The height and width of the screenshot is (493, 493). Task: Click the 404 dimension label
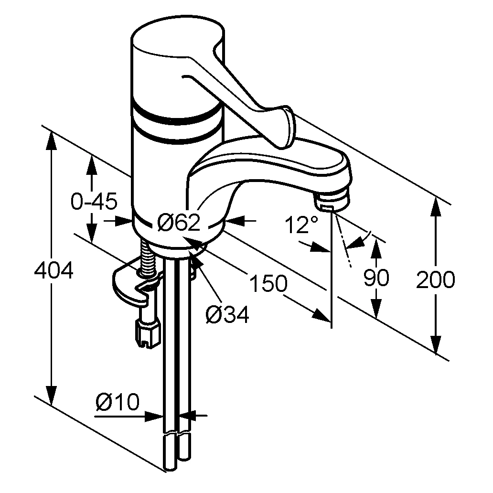click(54, 270)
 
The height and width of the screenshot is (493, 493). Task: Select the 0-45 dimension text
click(94, 201)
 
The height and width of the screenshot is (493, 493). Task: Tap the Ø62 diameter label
click(179, 223)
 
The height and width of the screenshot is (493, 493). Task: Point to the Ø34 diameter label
click(227, 314)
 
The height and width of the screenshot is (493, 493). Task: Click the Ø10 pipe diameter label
click(117, 401)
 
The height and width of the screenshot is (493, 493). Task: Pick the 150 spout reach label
click(268, 283)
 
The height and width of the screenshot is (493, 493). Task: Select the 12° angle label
click(301, 225)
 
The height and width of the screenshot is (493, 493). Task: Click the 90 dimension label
click(376, 278)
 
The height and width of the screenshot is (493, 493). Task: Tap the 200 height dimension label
click(435, 279)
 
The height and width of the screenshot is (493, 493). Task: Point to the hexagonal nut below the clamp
click(148, 333)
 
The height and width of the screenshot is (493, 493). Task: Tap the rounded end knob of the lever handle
click(289, 126)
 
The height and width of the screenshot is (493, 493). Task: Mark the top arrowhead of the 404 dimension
click(51, 141)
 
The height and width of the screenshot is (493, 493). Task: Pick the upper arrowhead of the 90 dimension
click(376, 248)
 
